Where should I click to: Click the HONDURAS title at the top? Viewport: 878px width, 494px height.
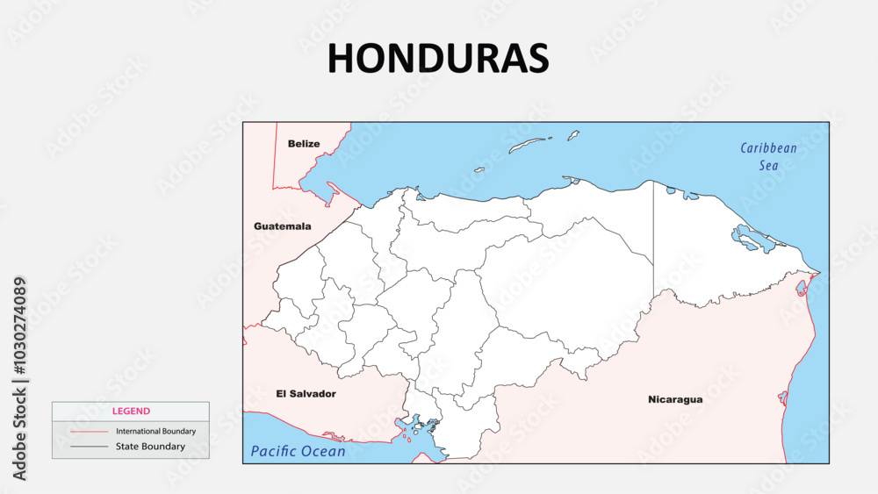[x=438, y=58]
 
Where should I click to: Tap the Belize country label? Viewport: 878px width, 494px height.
[x=304, y=143]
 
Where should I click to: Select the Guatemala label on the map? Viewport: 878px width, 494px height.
[x=282, y=226]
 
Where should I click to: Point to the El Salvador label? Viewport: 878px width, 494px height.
[x=306, y=394]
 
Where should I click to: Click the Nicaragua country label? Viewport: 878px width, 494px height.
[x=675, y=399]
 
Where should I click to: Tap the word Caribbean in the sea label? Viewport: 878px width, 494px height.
[x=768, y=148]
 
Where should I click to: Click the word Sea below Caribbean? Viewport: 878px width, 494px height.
[x=769, y=165]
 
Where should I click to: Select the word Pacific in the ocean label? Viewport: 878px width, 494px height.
[x=277, y=452]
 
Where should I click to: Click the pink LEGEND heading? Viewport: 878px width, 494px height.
[x=131, y=411]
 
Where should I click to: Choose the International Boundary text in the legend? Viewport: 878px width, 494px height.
[x=155, y=431]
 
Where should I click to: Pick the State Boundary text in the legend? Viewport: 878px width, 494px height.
[x=150, y=447]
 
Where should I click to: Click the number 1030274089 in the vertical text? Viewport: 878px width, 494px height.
[x=20, y=329]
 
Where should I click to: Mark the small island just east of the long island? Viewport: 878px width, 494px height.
[x=572, y=135]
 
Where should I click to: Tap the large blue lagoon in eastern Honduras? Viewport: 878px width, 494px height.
[x=748, y=238]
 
